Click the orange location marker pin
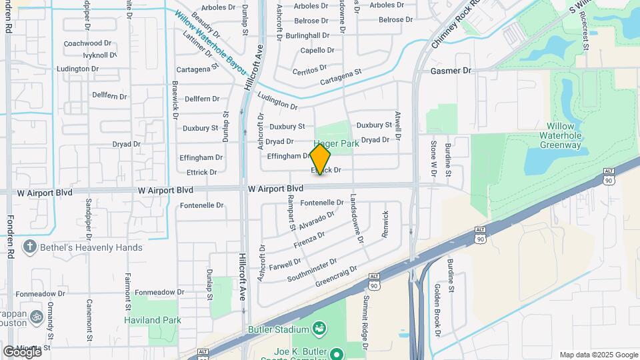pos(320,159)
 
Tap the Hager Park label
pos(337,143)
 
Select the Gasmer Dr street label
pos(451,70)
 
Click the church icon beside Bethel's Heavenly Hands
pos(29,247)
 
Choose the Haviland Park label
pos(153,320)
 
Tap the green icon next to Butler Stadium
pos(320,329)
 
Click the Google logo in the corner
pos(23,351)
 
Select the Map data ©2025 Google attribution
pos(598,355)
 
